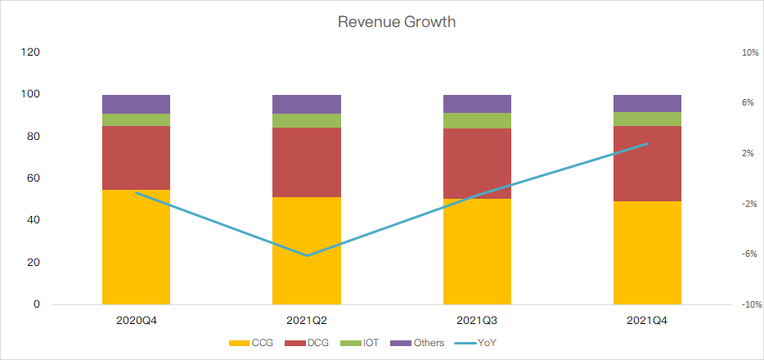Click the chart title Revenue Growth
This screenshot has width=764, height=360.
click(x=397, y=22)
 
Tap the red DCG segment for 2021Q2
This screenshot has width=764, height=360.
click(x=307, y=162)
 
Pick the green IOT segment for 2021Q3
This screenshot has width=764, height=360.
click(x=477, y=120)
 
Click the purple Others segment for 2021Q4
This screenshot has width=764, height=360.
click(x=647, y=103)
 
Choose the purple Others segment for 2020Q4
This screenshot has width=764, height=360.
click(x=136, y=104)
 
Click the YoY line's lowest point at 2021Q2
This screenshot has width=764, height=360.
click(x=307, y=255)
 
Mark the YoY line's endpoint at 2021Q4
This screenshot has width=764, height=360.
click(x=647, y=143)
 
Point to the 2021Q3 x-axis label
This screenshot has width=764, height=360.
click(x=477, y=322)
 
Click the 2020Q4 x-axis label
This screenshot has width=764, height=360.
click(x=136, y=322)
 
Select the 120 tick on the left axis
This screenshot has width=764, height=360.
click(x=30, y=52)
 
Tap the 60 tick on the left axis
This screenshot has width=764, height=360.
click(x=34, y=178)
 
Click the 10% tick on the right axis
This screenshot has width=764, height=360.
click(x=749, y=52)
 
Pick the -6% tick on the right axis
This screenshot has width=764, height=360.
click(x=749, y=254)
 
